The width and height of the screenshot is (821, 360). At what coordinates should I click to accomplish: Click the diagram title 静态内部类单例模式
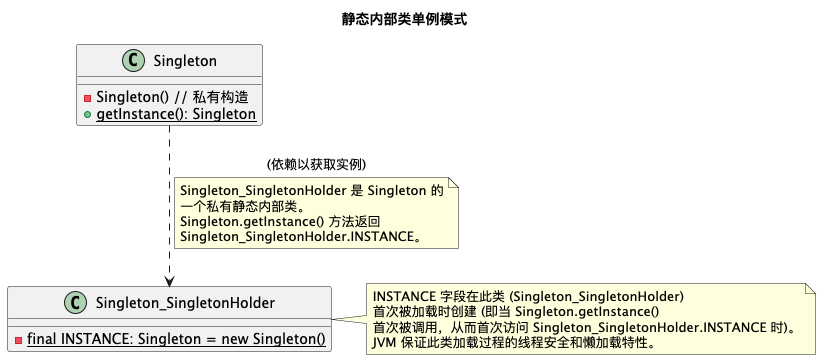410,19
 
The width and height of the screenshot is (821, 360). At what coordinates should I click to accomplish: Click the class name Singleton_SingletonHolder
185,303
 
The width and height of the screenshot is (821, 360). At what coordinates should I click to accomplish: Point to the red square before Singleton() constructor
88,98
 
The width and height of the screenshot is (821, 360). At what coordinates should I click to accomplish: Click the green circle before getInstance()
88,115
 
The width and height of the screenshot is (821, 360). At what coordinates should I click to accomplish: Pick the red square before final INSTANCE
18,339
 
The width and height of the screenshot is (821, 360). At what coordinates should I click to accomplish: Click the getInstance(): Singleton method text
176,115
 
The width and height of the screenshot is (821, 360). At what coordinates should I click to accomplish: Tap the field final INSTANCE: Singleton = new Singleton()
176,339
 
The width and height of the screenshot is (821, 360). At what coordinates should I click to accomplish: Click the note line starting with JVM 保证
514,343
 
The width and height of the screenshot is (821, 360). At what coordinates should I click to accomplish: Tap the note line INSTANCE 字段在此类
527,297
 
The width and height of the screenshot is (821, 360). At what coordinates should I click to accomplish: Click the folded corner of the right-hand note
807,288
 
